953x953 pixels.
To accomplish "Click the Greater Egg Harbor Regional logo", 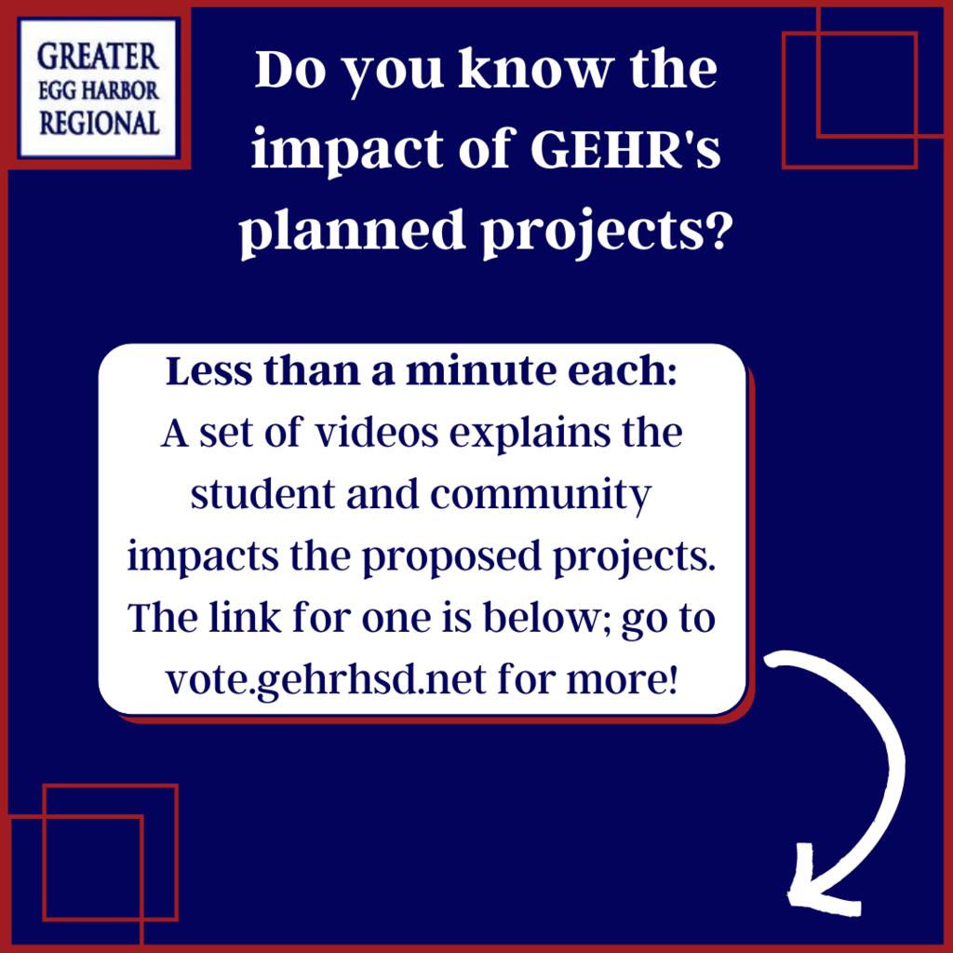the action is click(x=98, y=88).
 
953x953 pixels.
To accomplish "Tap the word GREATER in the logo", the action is click(x=98, y=57).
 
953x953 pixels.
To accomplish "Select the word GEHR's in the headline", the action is click(x=625, y=150).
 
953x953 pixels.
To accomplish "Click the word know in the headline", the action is click(x=533, y=69).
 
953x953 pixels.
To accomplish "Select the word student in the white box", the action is click(x=262, y=495).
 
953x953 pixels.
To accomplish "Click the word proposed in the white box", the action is click(x=451, y=558).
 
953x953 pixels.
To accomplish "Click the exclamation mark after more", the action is click(x=671, y=679).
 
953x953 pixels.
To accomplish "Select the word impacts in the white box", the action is click(x=203, y=558).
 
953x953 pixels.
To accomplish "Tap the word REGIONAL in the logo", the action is click(x=100, y=124).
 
